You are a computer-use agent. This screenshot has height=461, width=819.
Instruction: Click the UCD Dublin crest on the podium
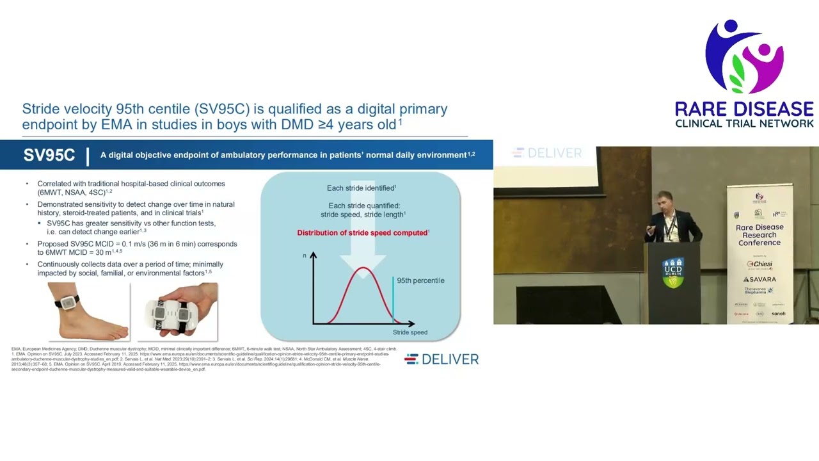tap(672, 272)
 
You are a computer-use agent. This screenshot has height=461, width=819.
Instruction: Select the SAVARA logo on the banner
tap(759, 279)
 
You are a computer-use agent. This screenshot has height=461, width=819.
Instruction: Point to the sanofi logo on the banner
tap(778, 314)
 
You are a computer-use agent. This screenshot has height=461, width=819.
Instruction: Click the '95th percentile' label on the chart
tap(420, 280)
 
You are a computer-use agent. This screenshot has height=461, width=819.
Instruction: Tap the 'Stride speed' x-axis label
tap(410, 332)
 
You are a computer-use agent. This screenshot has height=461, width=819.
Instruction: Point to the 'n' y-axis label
tap(305, 255)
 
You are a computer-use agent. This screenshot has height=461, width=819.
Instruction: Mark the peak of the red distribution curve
tap(363, 268)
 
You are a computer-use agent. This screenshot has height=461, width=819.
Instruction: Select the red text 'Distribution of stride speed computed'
tap(362, 232)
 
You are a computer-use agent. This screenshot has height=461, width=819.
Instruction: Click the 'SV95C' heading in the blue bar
tap(49, 156)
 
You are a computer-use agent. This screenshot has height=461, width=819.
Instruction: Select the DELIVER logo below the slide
tap(441, 359)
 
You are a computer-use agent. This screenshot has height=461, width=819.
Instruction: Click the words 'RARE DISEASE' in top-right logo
tap(744, 109)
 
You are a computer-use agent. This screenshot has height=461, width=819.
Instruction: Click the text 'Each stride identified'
tap(362, 188)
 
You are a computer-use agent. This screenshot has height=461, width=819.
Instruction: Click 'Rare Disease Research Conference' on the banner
tap(759, 235)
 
